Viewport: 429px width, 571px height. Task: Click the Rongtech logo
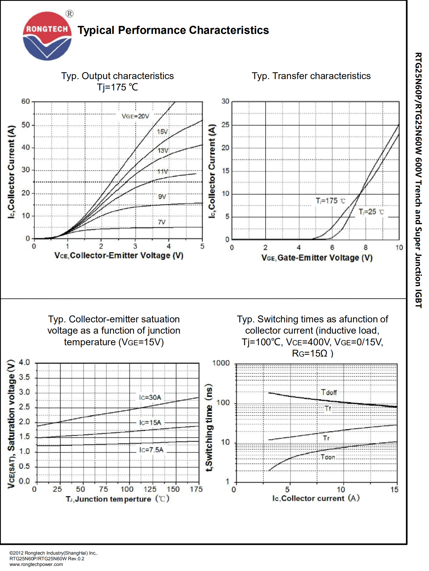(x=47, y=36)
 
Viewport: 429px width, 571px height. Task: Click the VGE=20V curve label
(x=135, y=116)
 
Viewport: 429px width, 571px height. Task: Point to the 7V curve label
(x=162, y=222)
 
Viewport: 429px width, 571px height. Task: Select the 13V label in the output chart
(x=163, y=150)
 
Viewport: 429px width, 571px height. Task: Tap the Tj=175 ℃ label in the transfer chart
(x=330, y=201)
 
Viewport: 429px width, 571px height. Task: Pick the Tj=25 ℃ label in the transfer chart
(x=371, y=212)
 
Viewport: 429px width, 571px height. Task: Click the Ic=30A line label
(x=150, y=397)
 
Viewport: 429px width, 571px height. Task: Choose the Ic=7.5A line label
(x=151, y=450)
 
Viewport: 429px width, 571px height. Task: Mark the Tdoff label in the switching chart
(x=329, y=392)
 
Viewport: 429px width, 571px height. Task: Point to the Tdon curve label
(x=328, y=457)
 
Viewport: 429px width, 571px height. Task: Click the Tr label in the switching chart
(x=326, y=438)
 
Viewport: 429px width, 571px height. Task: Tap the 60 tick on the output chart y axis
(x=26, y=101)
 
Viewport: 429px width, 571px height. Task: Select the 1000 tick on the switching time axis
(x=221, y=363)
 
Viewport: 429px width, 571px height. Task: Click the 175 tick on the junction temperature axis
(x=196, y=489)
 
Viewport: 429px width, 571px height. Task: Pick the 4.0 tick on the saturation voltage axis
(x=24, y=362)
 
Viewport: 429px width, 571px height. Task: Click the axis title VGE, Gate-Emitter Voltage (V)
(x=317, y=258)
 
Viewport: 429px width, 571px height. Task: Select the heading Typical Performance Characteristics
(x=173, y=30)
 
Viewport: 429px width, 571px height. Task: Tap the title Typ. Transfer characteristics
(x=311, y=76)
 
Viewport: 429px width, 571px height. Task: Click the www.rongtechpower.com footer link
(x=36, y=564)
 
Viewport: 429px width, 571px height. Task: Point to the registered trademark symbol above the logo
(x=69, y=14)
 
